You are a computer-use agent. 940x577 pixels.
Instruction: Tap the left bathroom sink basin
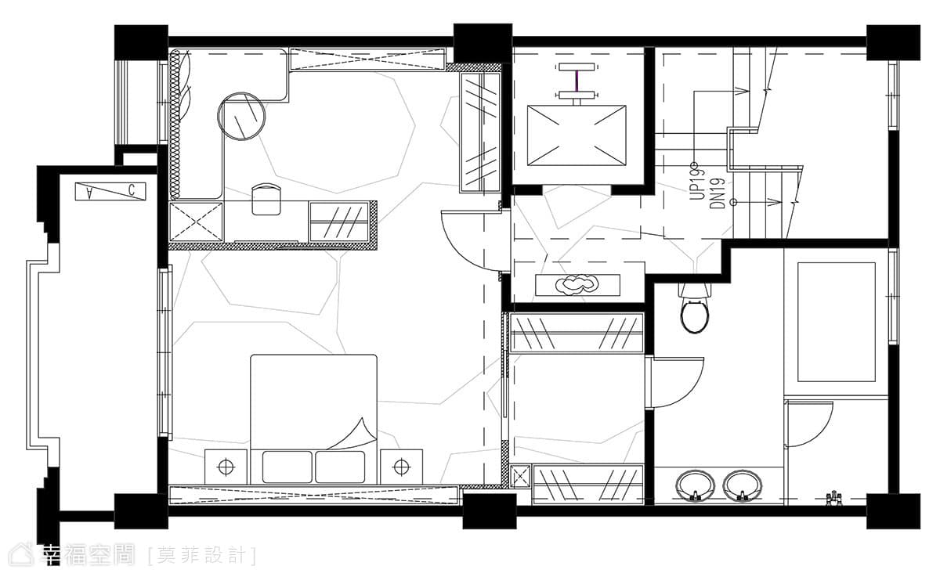696,486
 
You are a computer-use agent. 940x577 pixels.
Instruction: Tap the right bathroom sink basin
742,486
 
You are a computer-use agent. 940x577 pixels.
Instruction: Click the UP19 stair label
697,185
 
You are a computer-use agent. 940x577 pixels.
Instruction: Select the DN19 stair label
718,193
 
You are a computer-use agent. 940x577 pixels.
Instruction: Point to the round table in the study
242,116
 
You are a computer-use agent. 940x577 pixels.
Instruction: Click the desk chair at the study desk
266,199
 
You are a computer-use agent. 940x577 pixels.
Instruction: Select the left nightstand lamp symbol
226,466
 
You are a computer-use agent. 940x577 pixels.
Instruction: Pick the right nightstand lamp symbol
402,466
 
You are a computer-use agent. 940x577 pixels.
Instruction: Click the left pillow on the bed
287,467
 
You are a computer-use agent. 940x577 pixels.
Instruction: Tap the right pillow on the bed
340,467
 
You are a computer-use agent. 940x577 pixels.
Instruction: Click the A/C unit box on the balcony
110,191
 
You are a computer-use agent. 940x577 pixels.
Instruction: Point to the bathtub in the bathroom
836,322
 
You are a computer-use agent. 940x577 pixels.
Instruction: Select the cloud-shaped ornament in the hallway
578,285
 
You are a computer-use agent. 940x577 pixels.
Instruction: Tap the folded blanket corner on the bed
352,434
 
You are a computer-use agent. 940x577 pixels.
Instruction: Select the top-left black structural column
142,43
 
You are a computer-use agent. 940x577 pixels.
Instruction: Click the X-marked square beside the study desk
196,222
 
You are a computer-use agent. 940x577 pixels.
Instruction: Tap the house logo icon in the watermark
22,554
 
